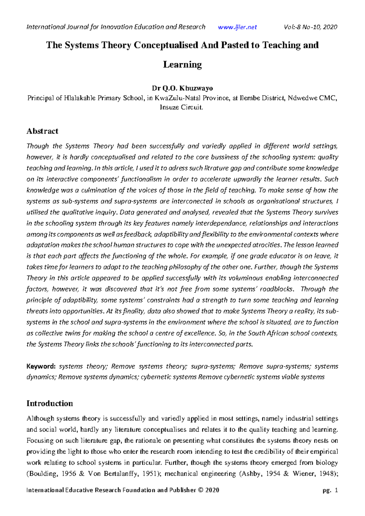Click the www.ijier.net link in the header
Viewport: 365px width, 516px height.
(x=237, y=27)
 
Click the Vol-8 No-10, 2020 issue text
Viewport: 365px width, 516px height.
(x=310, y=27)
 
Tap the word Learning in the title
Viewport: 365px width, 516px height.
(x=182, y=64)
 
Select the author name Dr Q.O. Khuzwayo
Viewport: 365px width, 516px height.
(x=182, y=89)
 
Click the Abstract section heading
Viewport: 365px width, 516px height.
(x=42, y=131)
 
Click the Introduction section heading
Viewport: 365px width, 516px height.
(x=50, y=403)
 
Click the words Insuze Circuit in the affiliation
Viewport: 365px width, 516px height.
(x=181, y=107)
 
